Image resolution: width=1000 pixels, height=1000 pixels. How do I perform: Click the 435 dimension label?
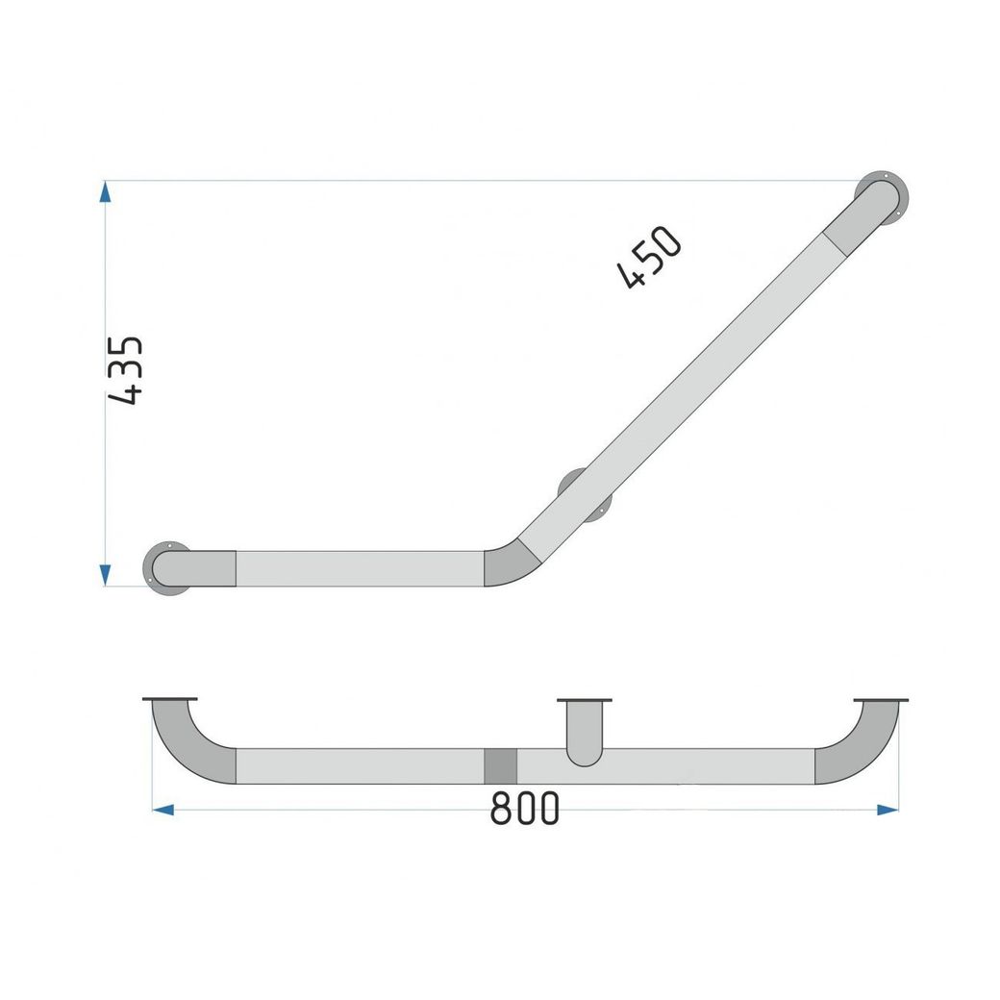coord(126,370)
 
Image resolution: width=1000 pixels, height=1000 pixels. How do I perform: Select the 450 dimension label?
coord(650,257)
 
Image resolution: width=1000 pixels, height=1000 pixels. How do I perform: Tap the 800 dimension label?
coord(524,809)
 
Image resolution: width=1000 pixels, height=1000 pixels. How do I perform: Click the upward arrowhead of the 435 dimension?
coord(105,191)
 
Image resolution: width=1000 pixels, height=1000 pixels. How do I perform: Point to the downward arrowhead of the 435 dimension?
coord(106,575)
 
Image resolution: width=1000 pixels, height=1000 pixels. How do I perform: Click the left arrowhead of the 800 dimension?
coord(163,810)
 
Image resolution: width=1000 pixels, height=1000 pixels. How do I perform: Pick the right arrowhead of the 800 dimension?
coord(887,810)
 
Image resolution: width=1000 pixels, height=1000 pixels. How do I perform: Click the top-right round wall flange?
coord(882,198)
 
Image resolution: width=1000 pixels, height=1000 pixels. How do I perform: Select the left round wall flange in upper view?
coord(167,569)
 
